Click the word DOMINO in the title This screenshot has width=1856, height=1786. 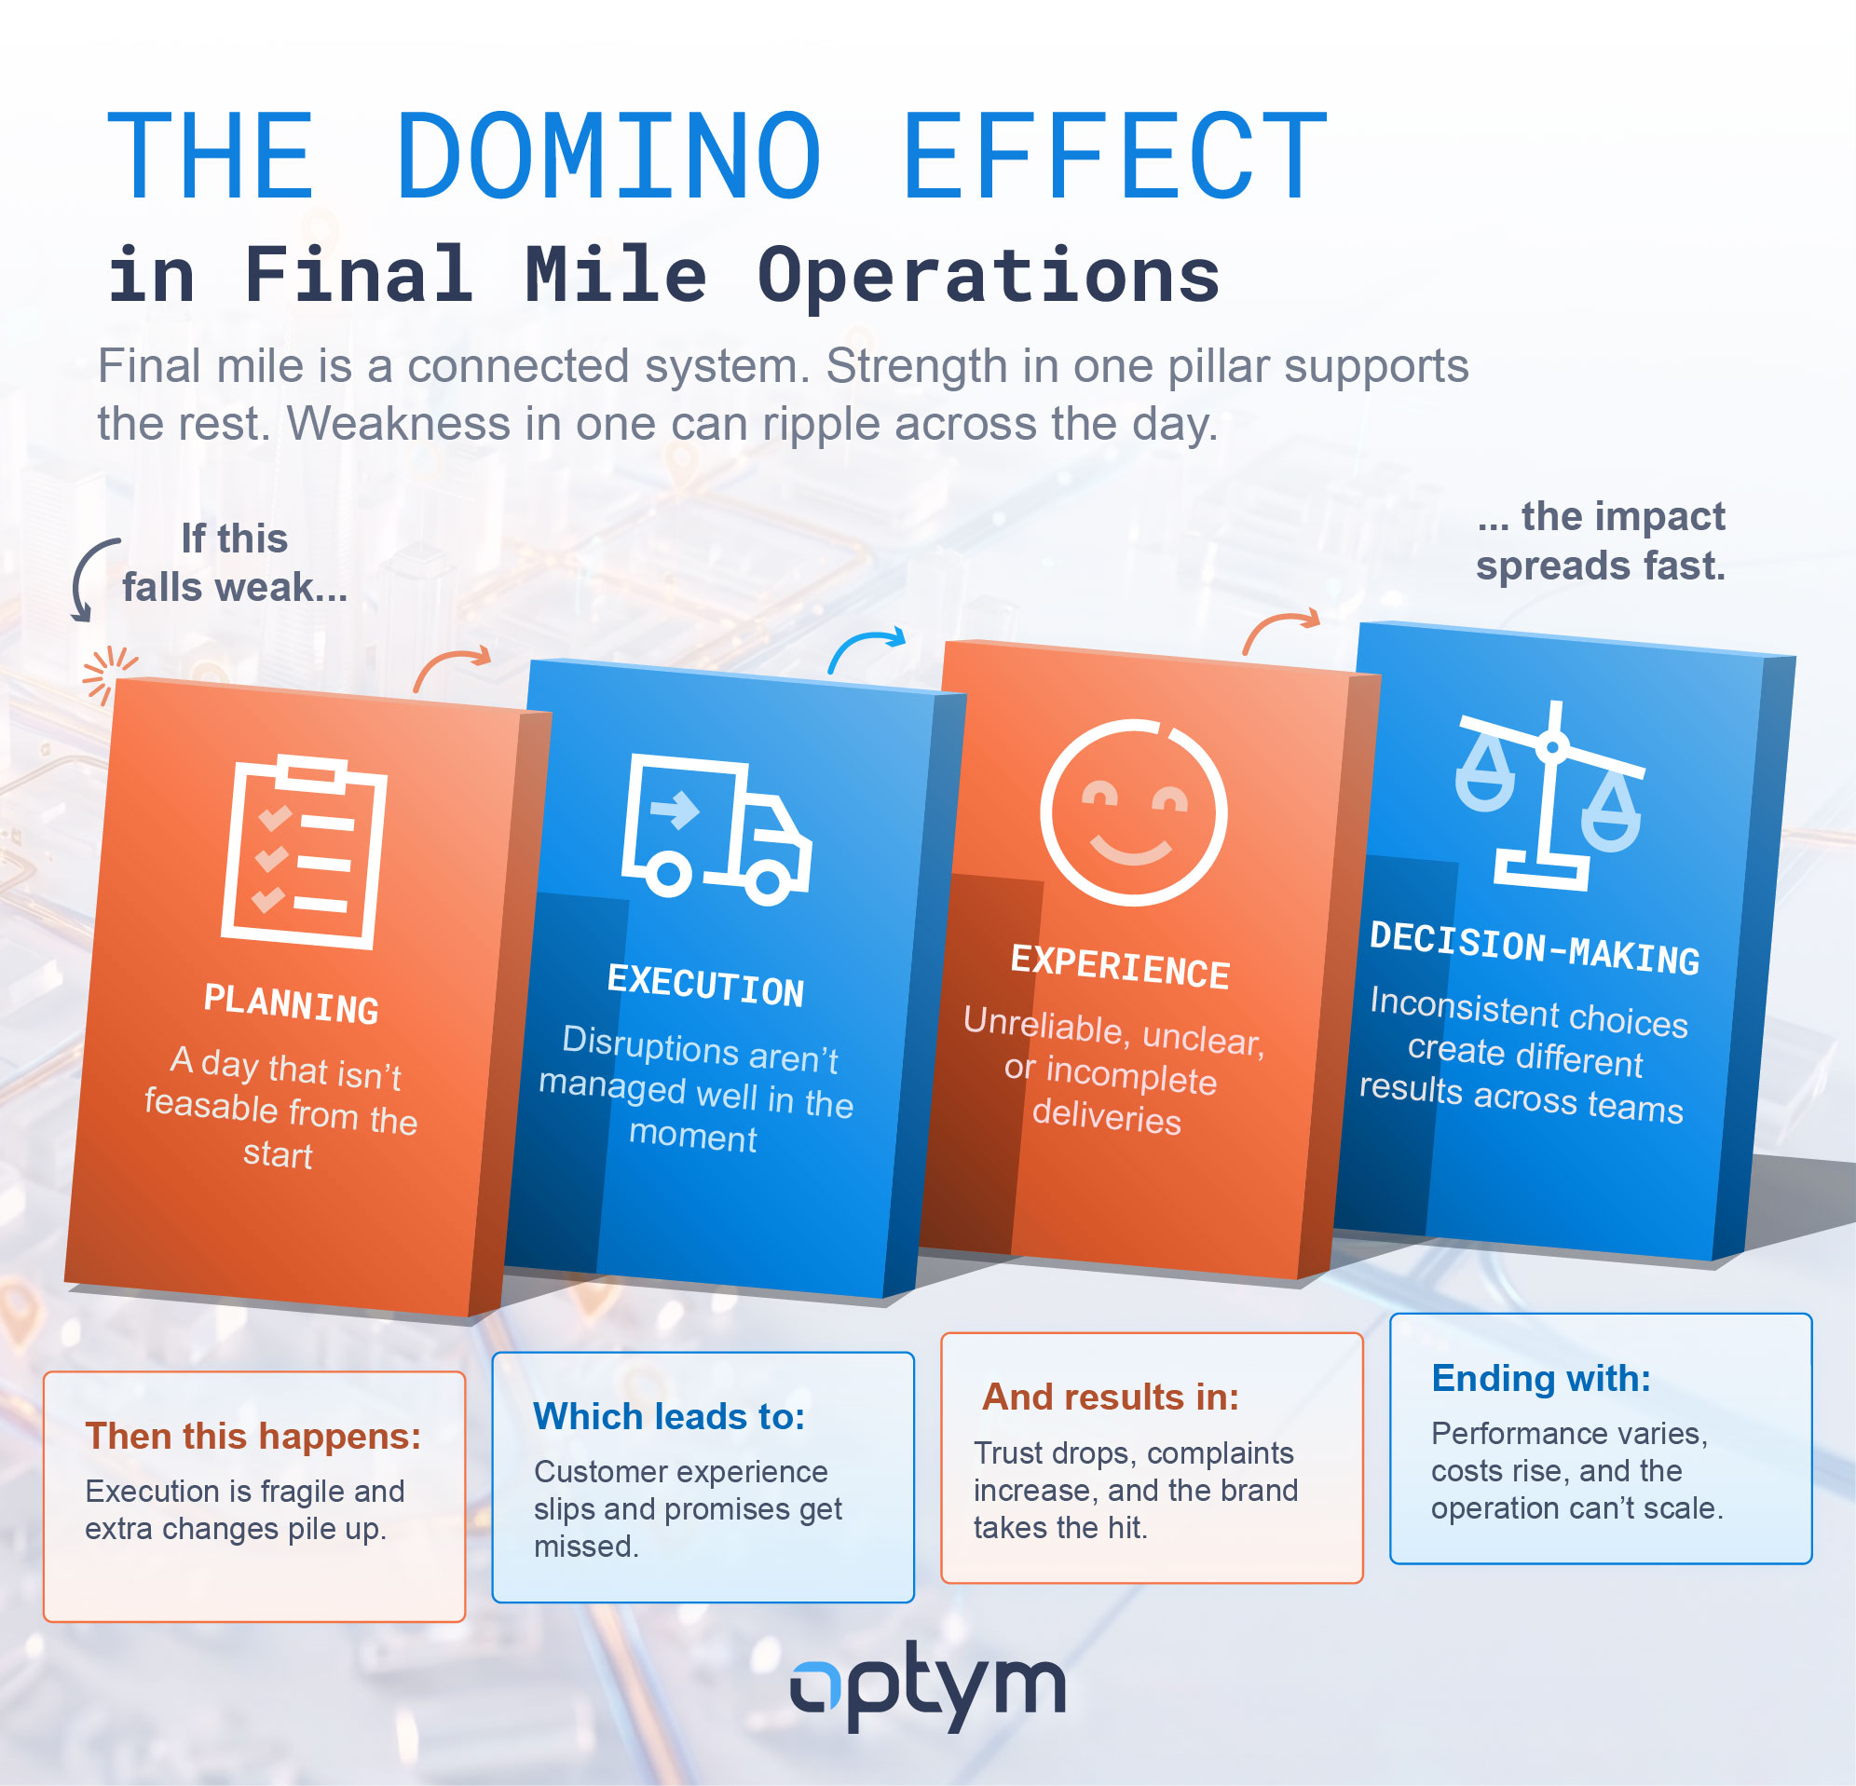[608, 157]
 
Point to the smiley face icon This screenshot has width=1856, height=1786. [1134, 812]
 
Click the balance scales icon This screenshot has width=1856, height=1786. [1549, 796]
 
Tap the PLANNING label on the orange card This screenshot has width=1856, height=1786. [292, 1003]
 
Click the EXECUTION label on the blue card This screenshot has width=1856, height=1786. [705, 985]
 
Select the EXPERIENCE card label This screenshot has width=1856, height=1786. [1120, 967]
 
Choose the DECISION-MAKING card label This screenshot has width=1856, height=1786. [1535, 948]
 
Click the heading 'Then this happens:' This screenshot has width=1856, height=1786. [253, 1437]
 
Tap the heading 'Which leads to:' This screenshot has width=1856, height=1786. [669, 1417]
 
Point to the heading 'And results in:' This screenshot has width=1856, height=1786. [1111, 1397]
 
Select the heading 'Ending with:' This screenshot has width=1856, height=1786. [1541, 1379]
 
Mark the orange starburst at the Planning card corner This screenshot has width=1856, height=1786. [107, 675]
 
